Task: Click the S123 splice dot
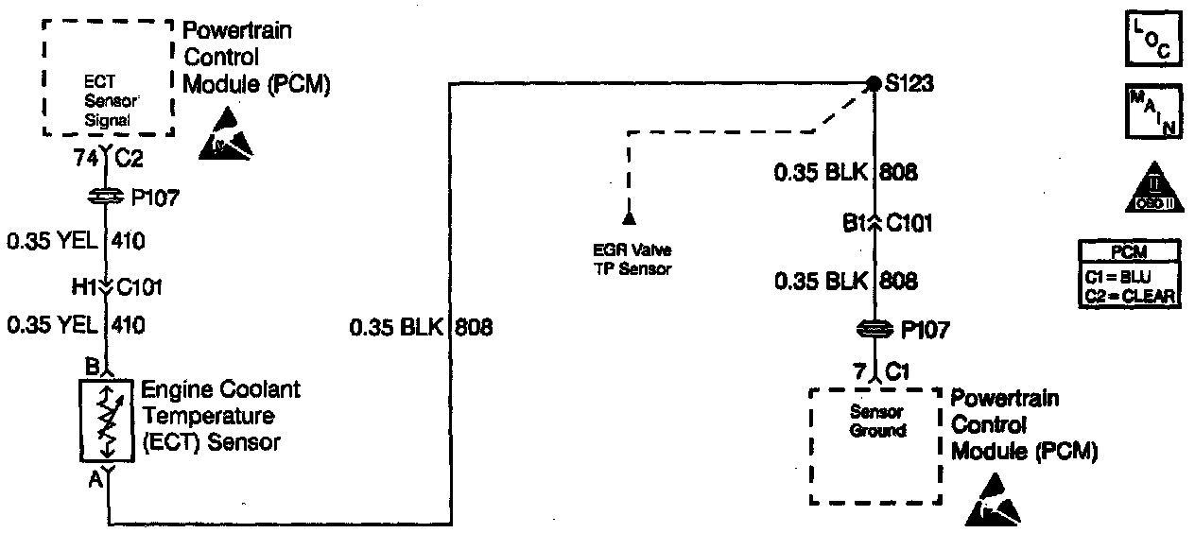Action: [875, 83]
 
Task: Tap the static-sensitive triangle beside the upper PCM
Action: [227, 133]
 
